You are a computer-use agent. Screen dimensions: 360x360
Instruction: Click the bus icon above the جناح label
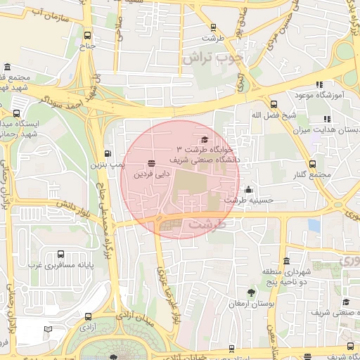pyautogui.click(x=87, y=35)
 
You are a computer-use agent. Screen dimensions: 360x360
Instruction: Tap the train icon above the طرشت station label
pyautogui.click(x=213, y=28)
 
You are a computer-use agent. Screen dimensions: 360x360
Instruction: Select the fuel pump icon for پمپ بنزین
pyautogui.click(x=108, y=153)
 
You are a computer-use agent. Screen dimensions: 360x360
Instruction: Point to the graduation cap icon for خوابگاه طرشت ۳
pyautogui.click(x=205, y=139)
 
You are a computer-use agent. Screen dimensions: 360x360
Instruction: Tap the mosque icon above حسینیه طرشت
pyautogui.click(x=248, y=189)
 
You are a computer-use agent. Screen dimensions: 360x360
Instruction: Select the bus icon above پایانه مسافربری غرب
pyautogui.click(x=61, y=255)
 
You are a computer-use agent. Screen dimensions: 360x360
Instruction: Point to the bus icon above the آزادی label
pyautogui.click(x=87, y=317)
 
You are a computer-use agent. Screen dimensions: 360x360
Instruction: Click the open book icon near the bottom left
pyautogui.click(x=48, y=329)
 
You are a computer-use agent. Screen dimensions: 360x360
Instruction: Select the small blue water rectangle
pyautogui.click(x=314, y=226)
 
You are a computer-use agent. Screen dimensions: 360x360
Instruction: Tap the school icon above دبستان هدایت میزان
pyautogui.click(x=326, y=120)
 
